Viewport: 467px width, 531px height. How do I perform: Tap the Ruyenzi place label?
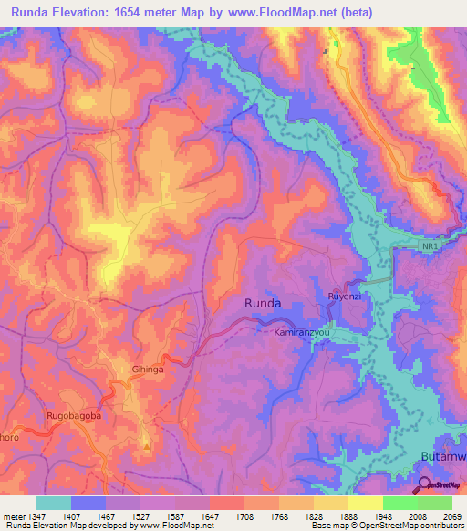click(344, 297)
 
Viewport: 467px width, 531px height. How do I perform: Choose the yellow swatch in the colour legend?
click(364, 502)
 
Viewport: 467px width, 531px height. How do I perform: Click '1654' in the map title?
click(167, 14)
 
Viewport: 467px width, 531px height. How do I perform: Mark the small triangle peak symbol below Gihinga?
click(145, 446)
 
